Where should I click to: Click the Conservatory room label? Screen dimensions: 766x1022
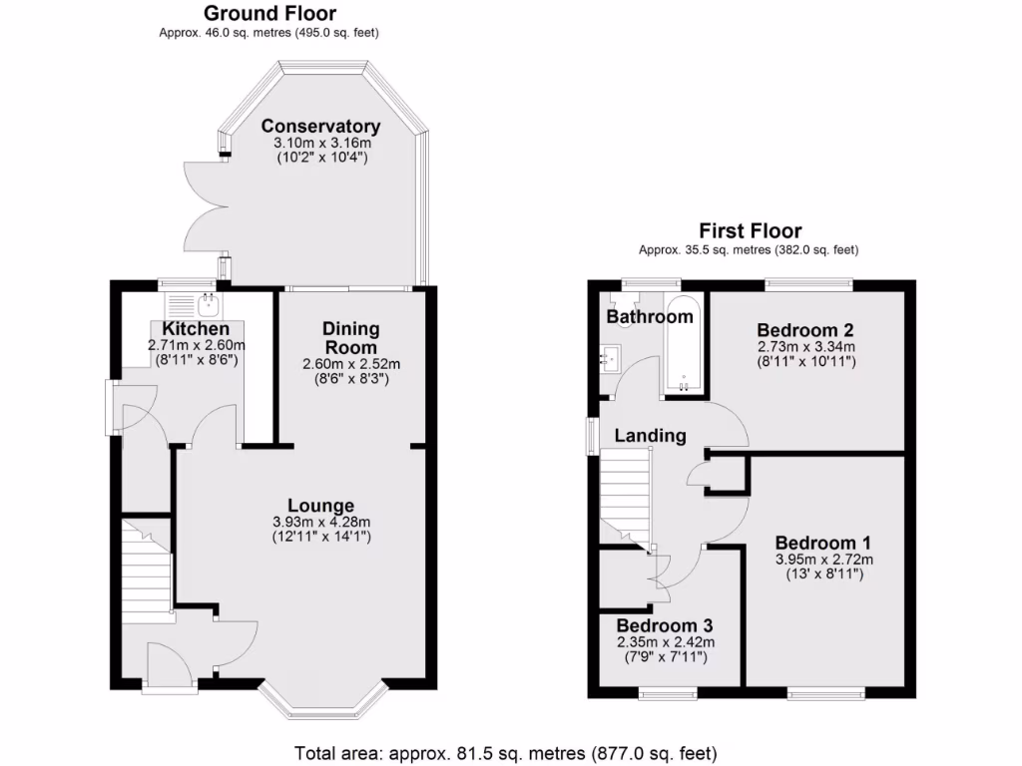click(x=320, y=127)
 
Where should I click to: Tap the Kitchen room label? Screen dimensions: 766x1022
click(x=196, y=329)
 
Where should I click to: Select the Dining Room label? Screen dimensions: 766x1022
click(x=350, y=337)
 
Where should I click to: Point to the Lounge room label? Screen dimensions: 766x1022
click(x=320, y=506)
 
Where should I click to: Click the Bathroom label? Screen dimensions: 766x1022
click(x=650, y=317)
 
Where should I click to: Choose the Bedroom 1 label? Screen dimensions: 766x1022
click(x=823, y=543)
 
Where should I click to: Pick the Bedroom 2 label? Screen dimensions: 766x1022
click(x=805, y=330)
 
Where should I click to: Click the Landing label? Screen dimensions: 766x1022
click(x=650, y=435)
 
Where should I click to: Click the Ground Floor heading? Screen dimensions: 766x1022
click(x=269, y=14)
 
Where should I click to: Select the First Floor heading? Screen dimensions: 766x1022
click(x=749, y=231)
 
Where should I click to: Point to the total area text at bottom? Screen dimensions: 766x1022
click(x=505, y=752)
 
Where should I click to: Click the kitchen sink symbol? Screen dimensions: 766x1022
click(x=208, y=299)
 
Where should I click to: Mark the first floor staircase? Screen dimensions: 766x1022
click(x=625, y=495)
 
